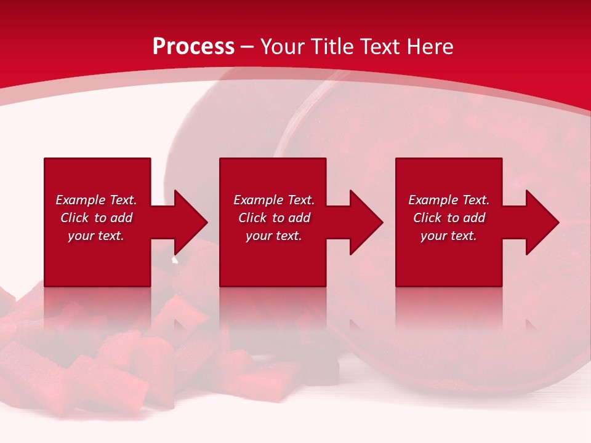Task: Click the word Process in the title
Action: click(x=193, y=47)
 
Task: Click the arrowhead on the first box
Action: click(x=188, y=222)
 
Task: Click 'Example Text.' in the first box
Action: click(x=96, y=200)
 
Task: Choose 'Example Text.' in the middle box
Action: click(x=274, y=200)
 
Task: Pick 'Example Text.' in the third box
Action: click(x=449, y=200)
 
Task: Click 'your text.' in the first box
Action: click(x=96, y=236)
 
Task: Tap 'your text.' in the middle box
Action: click(x=274, y=236)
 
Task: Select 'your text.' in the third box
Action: click(x=449, y=236)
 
